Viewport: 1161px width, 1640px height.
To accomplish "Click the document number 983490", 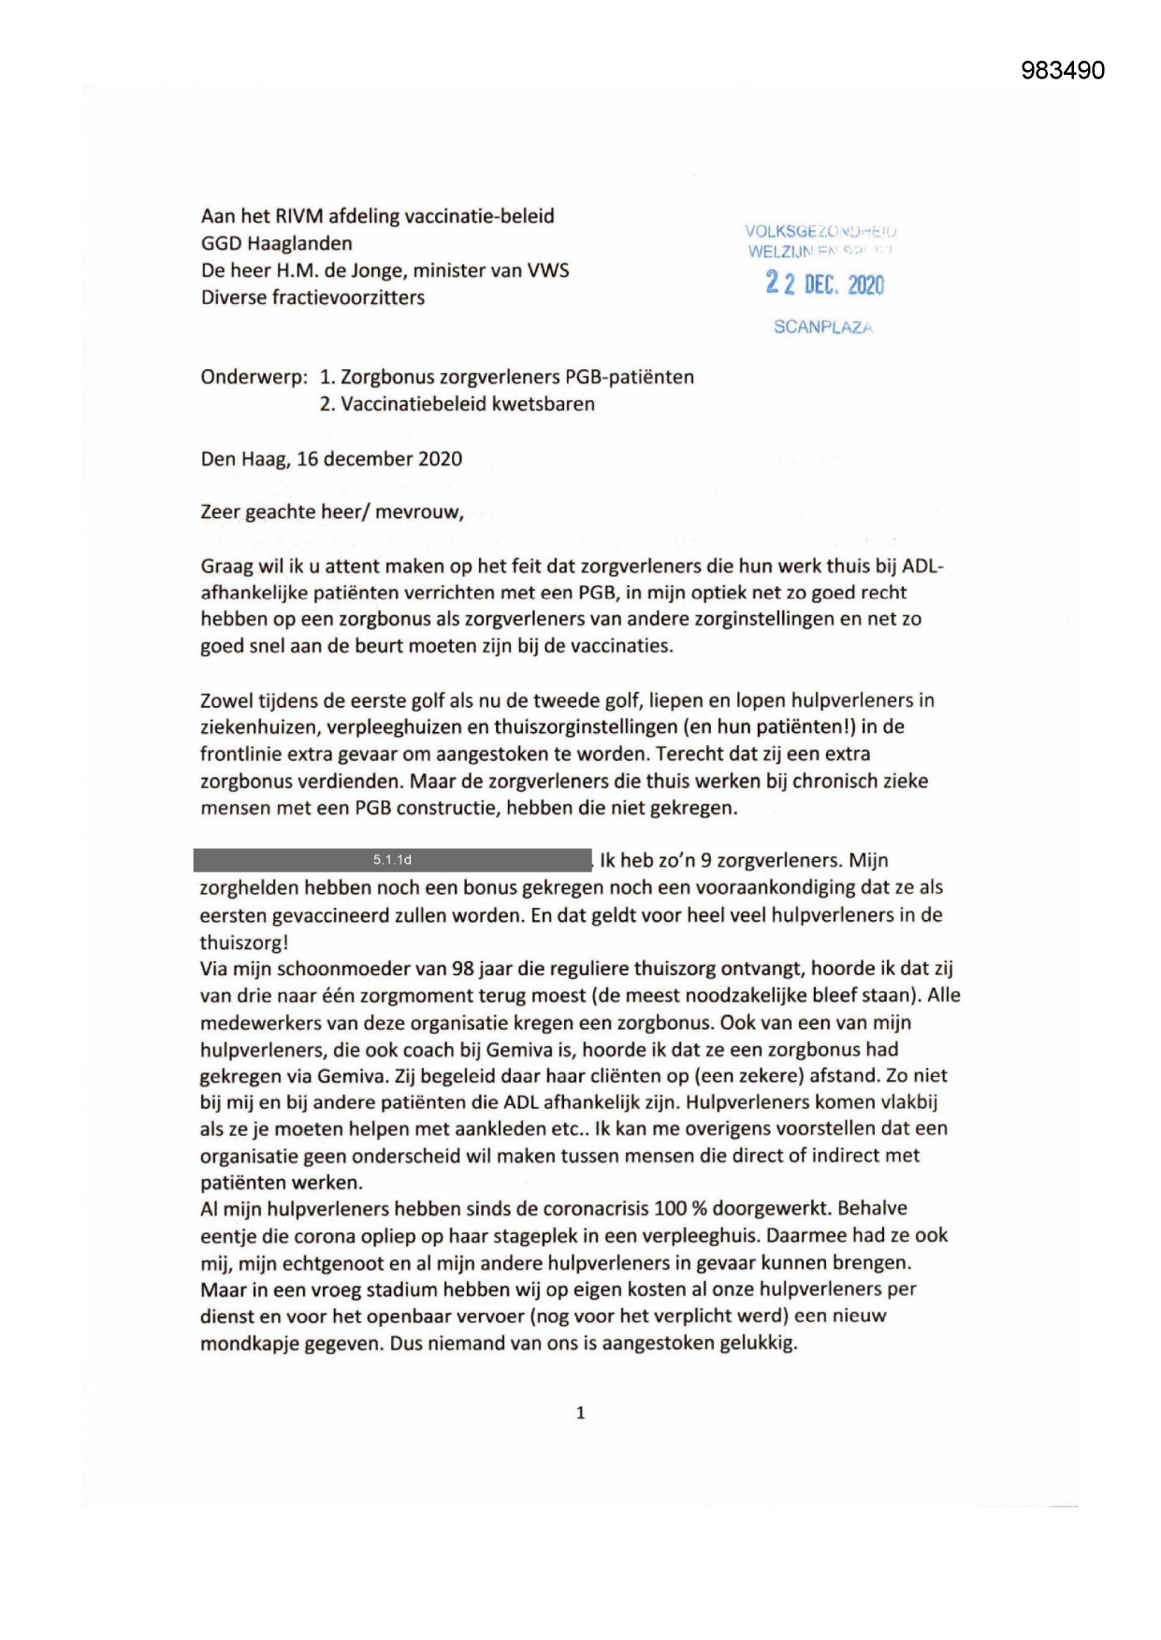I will click(1062, 71).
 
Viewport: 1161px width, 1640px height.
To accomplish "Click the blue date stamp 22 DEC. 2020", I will click(824, 283).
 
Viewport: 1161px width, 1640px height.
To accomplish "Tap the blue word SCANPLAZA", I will click(822, 327).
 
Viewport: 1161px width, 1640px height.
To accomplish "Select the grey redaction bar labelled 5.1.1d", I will click(392, 860).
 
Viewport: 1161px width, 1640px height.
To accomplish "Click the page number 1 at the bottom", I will click(580, 1413).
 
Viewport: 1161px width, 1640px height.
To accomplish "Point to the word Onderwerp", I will click(254, 378).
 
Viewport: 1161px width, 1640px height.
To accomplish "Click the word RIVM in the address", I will click(298, 216).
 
